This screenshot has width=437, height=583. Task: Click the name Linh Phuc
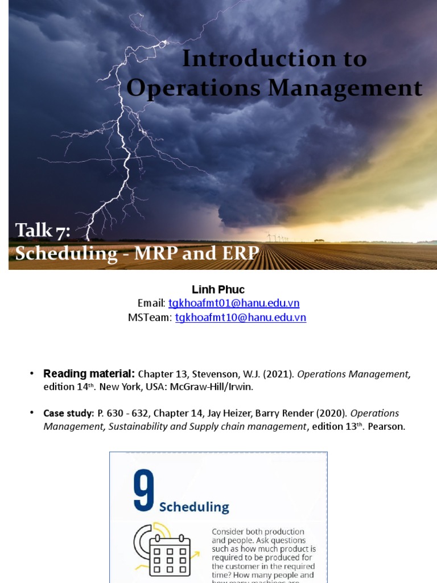(x=218, y=290)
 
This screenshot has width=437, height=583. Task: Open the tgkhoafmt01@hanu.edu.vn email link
(x=234, y=303)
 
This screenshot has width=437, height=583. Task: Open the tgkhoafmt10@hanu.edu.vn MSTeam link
(x=240, y=318)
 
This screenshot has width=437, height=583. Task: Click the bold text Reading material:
(x=89, y=373)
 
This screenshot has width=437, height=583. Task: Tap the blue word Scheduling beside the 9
(x=194, y=507)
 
